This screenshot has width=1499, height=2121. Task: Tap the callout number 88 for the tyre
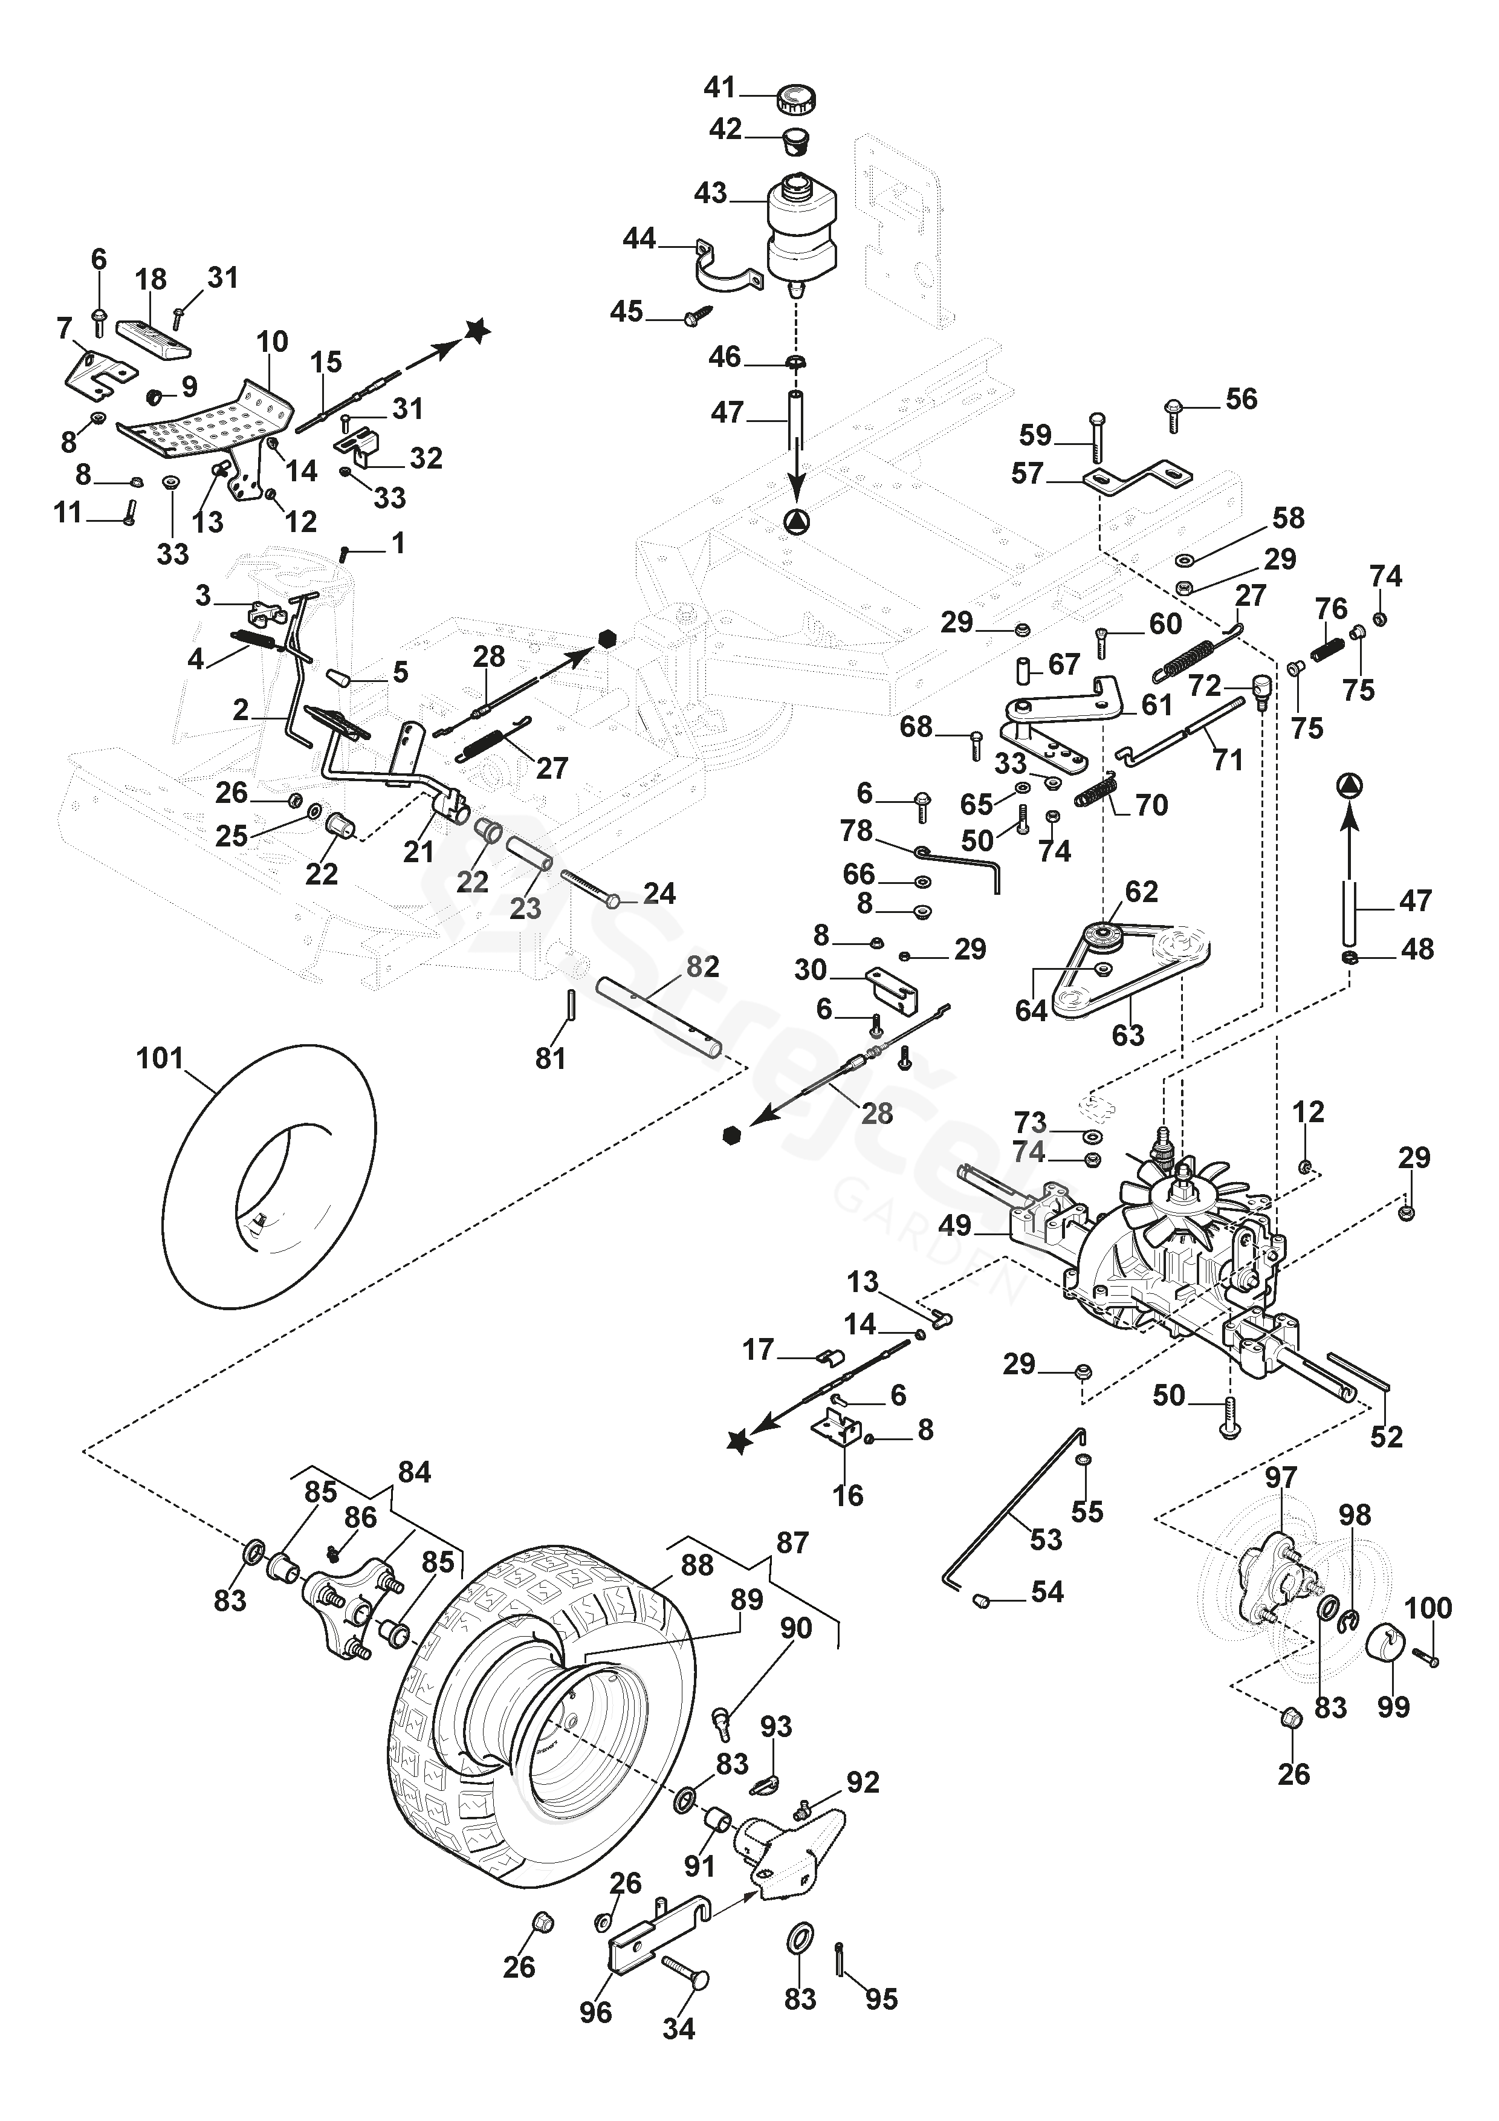click(x=698, y=1565)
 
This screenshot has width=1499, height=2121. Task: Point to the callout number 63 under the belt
click(x=1128, y=1035)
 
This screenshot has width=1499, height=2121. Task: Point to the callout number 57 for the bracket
click(x=1027, y=474)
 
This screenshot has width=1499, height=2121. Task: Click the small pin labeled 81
click(x=572, y=1005)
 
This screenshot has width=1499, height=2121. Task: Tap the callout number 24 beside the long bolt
click(x=659, y=893)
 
